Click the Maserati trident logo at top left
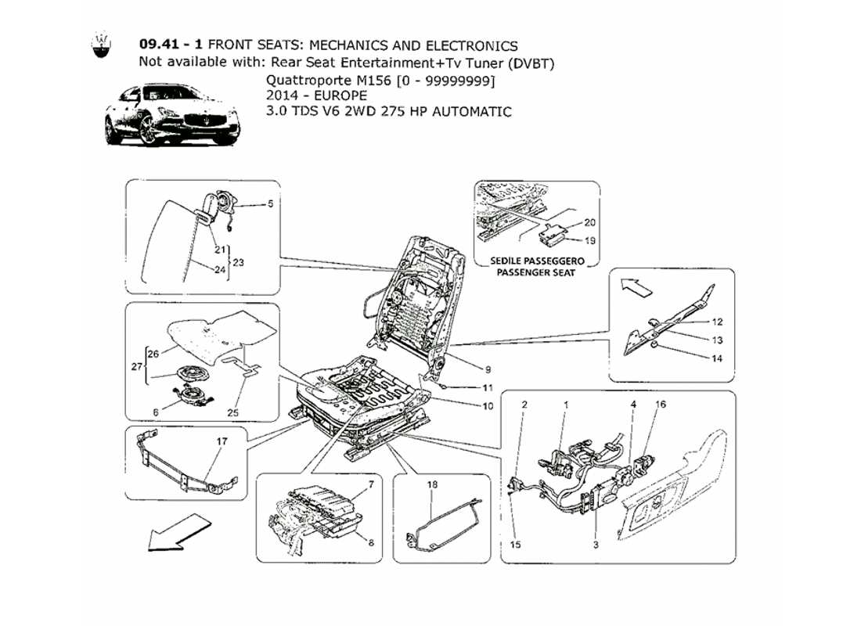pyautogui.click(x=101, y=46)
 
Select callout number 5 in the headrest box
pyautogui.click(x=270, y=205)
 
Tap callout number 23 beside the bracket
pyautogui.click(x=238, y=263)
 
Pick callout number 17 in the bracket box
pyautogui.click(x=222, y=441)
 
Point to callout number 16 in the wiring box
pyautogui.click(x=661, y=405)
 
